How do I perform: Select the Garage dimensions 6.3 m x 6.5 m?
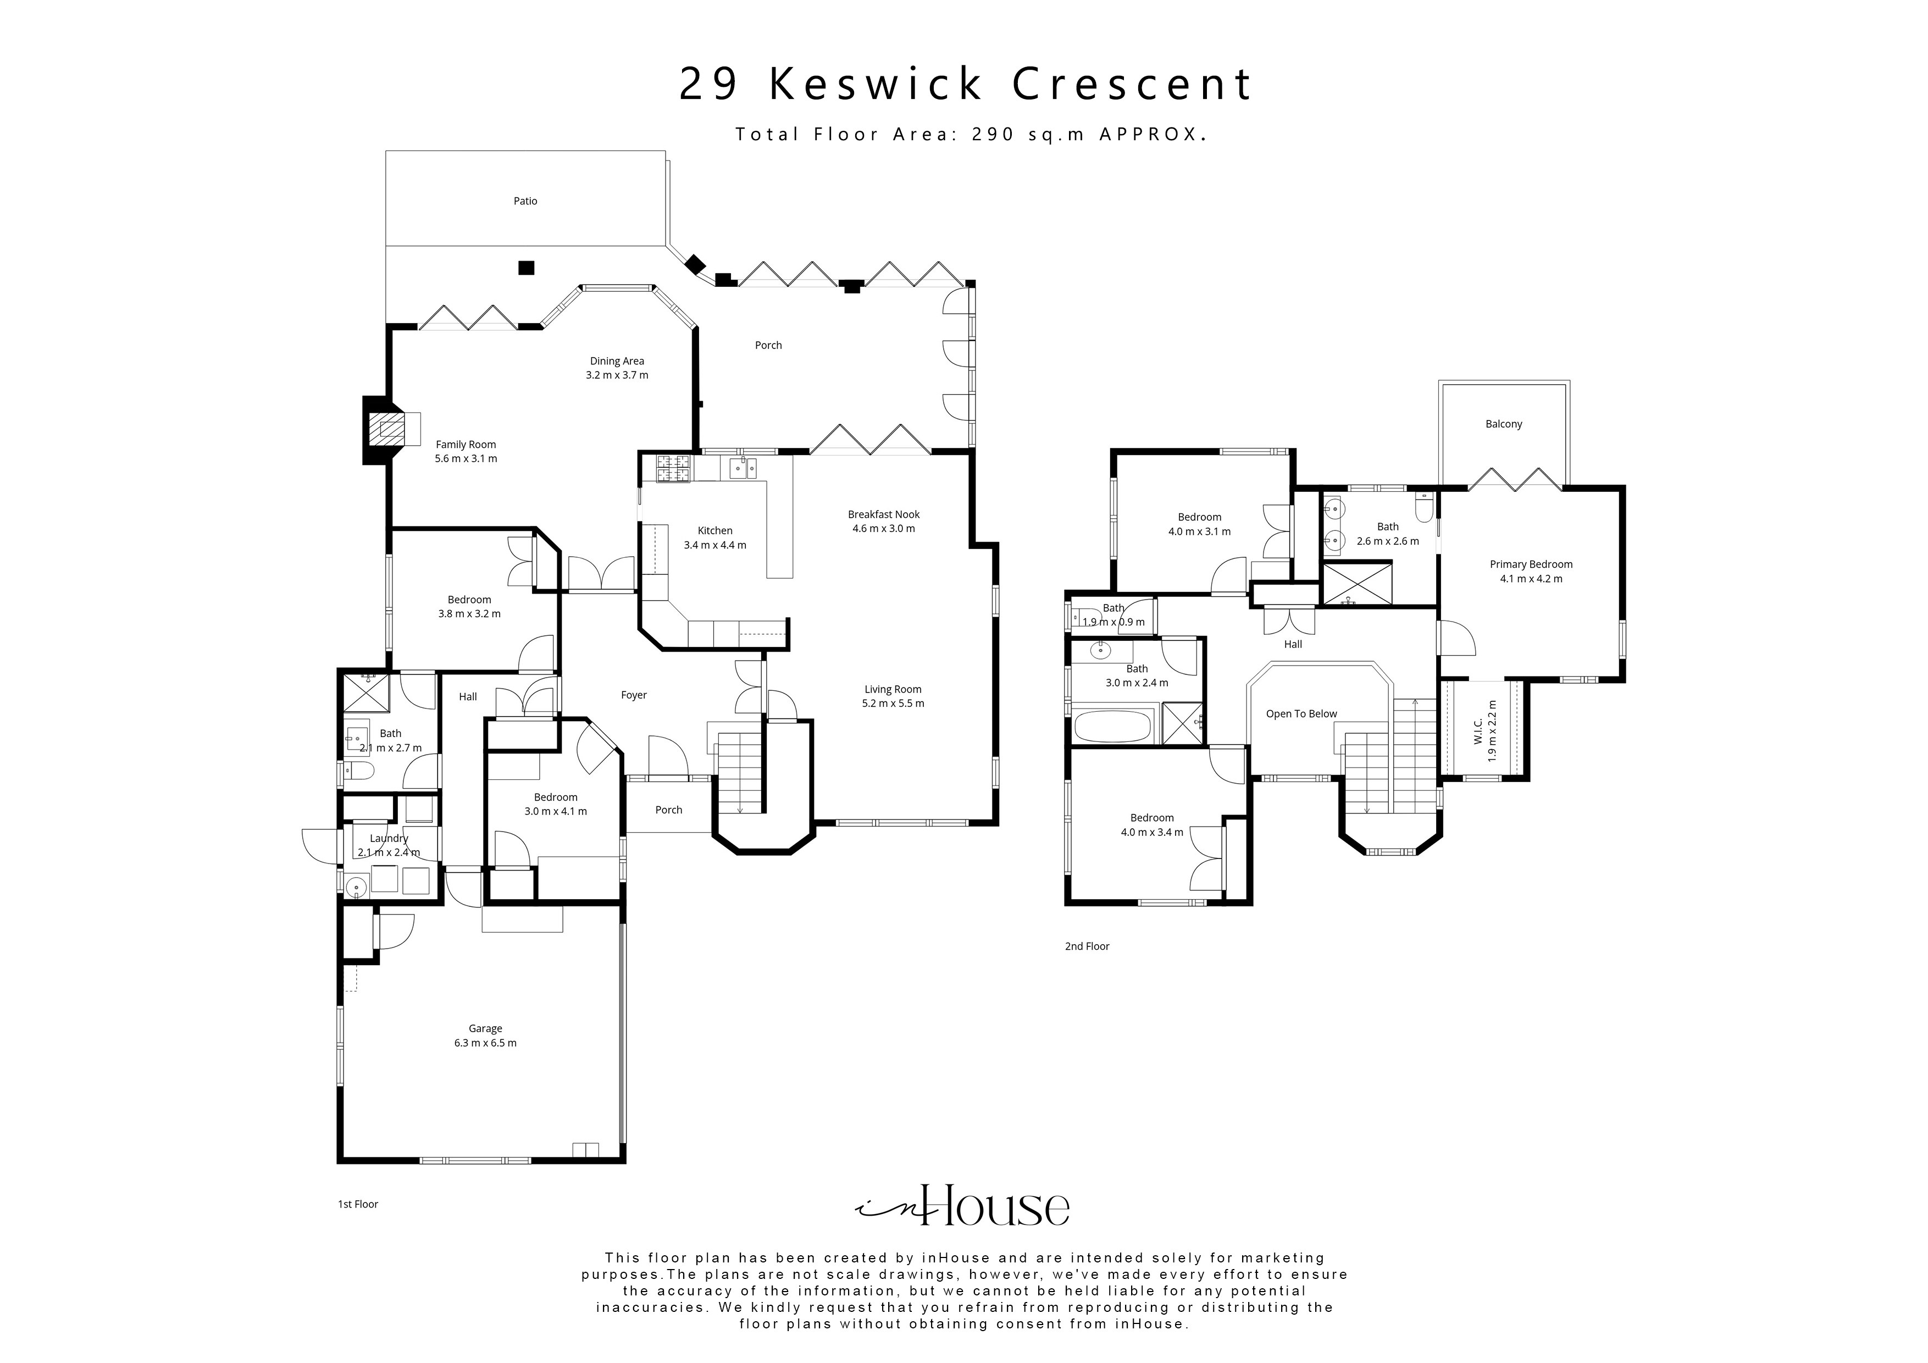pos(485,1043)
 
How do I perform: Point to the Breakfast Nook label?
pos(883,514)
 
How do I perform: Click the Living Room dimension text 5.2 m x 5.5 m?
pos(893,703)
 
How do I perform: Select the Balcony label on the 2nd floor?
pos(1503,424)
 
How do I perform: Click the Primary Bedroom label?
pos(1531,564)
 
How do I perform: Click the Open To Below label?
pos(1301,714)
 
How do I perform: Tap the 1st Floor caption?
pos(358,1204)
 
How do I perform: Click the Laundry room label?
pos(389,838)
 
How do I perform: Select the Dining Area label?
pos(616,361)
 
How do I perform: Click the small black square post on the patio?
pos(525,268)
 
